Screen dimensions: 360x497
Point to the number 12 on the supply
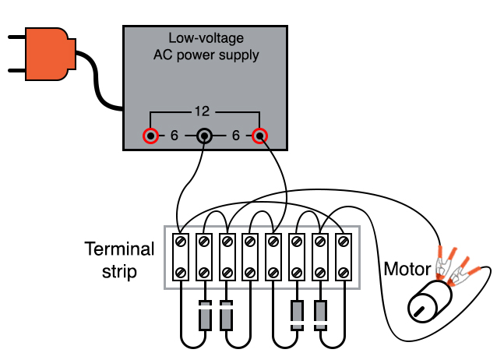[204, 111]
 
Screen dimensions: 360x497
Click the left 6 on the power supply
[174, 136]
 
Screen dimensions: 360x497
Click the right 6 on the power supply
[235, 136]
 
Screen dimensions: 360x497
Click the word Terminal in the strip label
[119, 249]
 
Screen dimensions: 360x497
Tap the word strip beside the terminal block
[119, 272]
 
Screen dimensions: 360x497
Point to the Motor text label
[407, 270]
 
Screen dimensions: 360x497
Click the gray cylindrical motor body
[428, 301]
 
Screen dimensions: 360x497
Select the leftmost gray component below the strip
[204, 316]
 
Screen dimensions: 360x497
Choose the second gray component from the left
[227, 316]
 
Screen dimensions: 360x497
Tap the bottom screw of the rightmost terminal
[344, 273]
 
